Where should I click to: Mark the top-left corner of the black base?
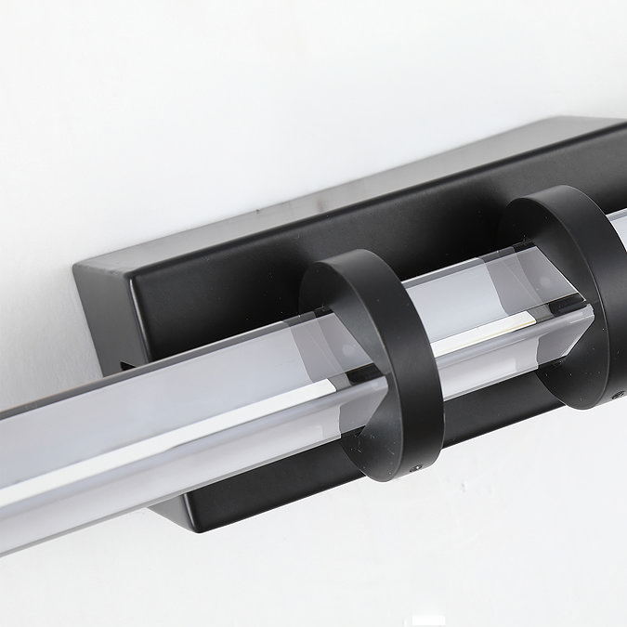pos(77,267)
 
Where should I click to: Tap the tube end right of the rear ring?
pos(618,232)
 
